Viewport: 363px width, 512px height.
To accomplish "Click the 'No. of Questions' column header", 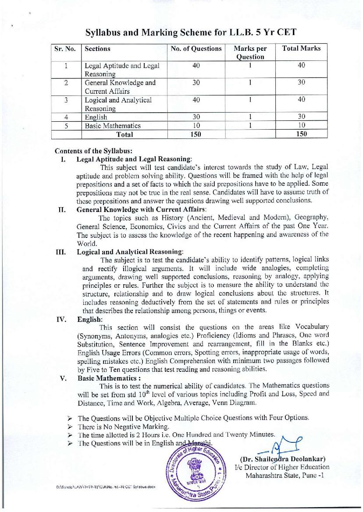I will (196, 49).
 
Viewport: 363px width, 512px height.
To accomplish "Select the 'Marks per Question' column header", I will (250, 53).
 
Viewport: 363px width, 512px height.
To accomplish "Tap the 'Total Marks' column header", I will (301, 49).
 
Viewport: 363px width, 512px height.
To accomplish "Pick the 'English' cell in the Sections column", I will (96, 117).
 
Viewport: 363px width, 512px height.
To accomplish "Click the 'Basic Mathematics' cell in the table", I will (113, 126).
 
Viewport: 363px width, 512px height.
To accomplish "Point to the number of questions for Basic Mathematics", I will (196, 126).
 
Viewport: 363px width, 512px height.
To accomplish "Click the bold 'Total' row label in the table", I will (124, 134).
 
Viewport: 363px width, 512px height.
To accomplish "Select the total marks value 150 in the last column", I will (301, 134).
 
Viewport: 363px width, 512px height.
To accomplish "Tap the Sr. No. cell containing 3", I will (65, 100).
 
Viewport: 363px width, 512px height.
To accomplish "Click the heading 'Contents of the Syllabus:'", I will (87, 151).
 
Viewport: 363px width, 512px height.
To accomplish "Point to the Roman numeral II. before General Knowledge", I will (62, 209).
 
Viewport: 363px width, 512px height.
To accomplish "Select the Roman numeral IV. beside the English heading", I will (61, 319).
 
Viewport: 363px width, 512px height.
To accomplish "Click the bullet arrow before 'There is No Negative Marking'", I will (69, 426).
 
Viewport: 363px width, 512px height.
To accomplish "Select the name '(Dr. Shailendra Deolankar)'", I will (282, 459).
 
